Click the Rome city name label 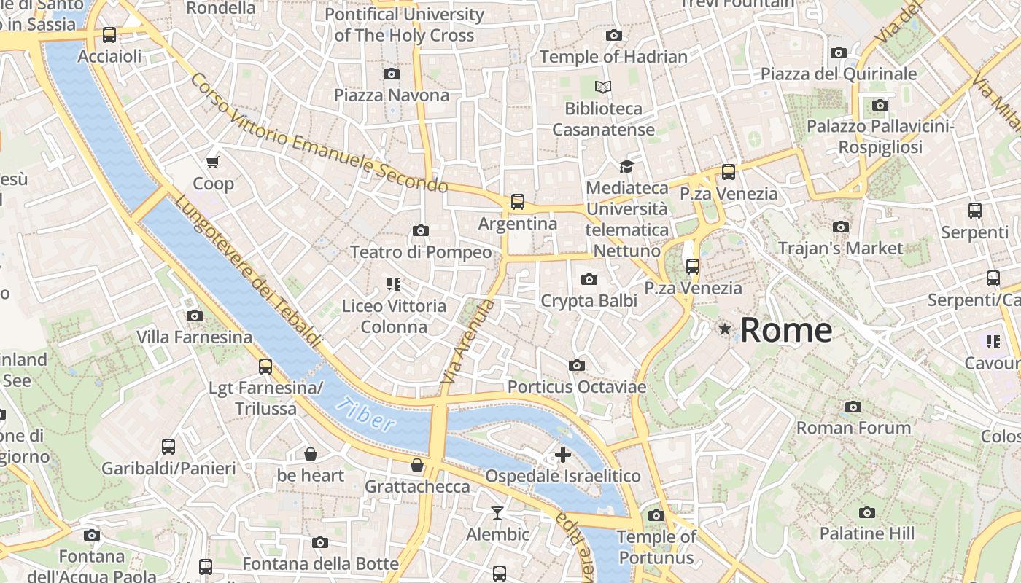786,330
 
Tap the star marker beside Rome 725,329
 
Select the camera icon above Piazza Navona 392,74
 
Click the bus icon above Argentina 518,201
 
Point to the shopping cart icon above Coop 213,162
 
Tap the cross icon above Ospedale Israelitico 562,455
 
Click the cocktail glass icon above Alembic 497,513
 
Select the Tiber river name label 367,414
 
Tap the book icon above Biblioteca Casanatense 603,87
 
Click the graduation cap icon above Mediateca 626,167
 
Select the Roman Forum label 853,428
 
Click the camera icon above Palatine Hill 866,512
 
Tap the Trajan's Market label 840,249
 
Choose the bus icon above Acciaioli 109,34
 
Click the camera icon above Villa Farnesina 195,316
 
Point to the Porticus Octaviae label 577,386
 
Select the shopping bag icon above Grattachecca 417,465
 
